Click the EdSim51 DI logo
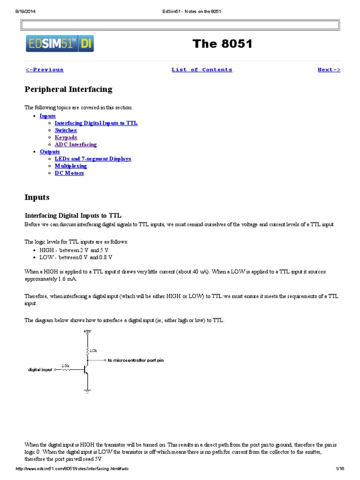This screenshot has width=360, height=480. click(60, 44)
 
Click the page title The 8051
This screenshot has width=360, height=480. click(222, 44)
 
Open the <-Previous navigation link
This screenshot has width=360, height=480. click(45, 70)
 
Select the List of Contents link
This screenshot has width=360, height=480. click(202, 70)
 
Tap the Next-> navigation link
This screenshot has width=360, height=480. click(329, 70)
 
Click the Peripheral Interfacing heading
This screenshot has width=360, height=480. click(68, 89)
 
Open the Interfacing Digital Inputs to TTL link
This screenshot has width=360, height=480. click(96, 123)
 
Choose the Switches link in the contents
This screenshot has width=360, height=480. click(66, 130)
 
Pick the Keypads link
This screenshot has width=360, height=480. click(66, 137)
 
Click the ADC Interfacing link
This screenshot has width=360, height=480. click(75, 145)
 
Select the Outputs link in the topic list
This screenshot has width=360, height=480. click(50, 152)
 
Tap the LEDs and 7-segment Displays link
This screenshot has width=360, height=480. click(93, 159)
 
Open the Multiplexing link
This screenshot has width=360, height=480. click(71, 166)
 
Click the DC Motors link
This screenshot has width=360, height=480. click(69, 173)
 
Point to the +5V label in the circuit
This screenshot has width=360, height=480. click(88, 331)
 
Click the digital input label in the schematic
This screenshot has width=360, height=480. click(40, 370)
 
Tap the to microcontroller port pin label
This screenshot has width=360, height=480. click(136, 360)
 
